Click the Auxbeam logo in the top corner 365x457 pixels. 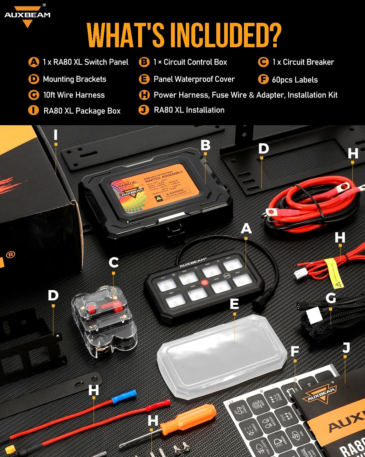(27, 15)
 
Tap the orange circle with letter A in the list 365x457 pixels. (33, 62)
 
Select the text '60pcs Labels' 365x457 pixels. (294, 80)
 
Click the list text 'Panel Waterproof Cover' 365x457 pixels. (194, 79)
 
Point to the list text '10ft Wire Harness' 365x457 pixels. (74, 95)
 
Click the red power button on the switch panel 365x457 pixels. (205, 282)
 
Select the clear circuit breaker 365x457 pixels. (103, 321)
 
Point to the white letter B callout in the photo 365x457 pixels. (206, 145)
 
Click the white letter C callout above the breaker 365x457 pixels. (113, 262)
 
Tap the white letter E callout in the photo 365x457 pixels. (234, 304)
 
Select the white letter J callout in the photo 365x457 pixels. (346, 348)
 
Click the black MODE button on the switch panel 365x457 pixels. (227, 275)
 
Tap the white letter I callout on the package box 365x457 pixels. (55, 134)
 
